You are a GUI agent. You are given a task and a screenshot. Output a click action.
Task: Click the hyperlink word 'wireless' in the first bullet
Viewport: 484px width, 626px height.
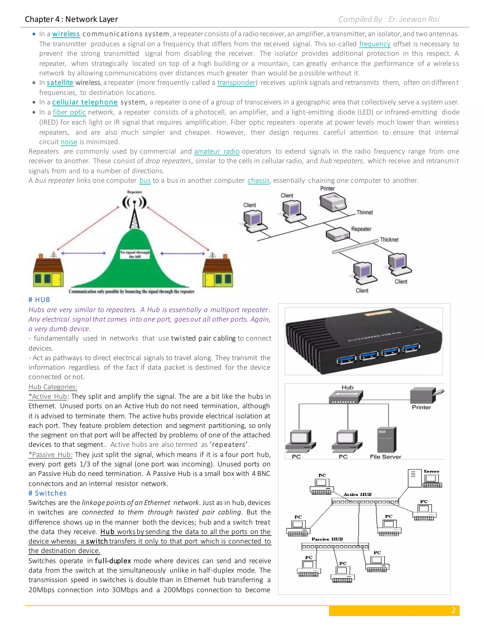coord(66,34)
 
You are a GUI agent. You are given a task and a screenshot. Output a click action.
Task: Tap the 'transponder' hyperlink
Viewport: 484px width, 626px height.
coord(236,83)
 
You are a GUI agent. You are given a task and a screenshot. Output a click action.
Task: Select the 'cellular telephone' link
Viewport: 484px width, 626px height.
coord(85,102)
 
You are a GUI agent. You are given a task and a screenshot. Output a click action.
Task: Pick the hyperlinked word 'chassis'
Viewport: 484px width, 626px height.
coord(258,180)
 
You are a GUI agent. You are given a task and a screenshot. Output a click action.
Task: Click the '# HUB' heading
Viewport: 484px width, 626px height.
coord(39,300)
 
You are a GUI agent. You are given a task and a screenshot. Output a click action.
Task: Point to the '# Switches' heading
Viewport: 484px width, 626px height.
coord(48,493)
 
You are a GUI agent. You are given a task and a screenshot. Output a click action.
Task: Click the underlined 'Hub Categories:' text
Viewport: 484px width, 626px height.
coord(53,387)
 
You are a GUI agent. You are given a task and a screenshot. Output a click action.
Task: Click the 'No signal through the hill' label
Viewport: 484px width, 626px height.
coord(135,254)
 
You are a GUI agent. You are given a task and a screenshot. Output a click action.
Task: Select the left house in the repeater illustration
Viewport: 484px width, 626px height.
coord(48,271)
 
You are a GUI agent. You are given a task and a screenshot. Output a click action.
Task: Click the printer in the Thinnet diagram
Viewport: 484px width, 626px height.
coord(333,202)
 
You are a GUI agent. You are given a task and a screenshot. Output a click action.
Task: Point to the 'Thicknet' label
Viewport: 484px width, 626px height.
coord(389,240)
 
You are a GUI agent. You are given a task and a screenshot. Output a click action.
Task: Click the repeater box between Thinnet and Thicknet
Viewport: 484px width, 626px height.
coord(337,235)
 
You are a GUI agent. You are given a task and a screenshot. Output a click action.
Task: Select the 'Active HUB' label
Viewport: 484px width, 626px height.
coord(357,494)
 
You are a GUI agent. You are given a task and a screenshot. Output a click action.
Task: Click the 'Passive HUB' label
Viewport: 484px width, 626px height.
coord(327,539)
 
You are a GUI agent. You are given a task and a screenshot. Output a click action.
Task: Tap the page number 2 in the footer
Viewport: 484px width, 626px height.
coord(453,610)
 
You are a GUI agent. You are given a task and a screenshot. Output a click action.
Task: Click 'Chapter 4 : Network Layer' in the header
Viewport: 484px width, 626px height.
coord(71,19)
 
